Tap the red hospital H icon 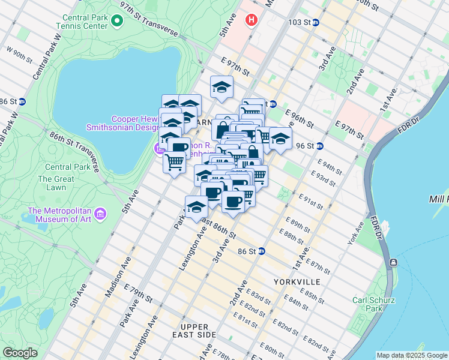(x=251, y=20)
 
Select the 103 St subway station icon (x=316, y=22)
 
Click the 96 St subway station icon (x=320, y=146)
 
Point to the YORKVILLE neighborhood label (x=297, y=281)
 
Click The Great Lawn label (x=56, y=183)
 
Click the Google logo (x=20, y=353)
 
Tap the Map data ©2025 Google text (x=411, y=355)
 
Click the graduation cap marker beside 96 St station (x=280, y=138)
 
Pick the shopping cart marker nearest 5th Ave (x=174, y=162)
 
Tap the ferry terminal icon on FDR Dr (x=393, y=263)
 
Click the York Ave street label (x=355, y=233)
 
